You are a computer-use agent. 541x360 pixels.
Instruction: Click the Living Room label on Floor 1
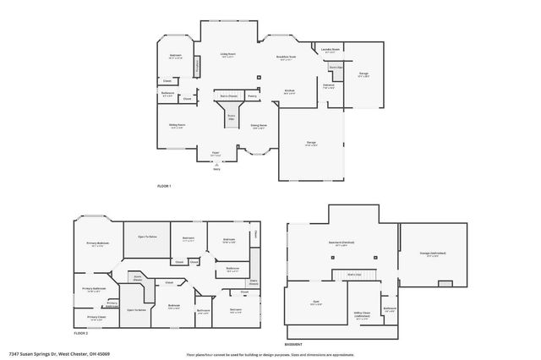pos(227,54)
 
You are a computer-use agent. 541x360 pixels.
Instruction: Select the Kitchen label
pos(289,90)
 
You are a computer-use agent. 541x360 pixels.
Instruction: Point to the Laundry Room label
pos(330,50)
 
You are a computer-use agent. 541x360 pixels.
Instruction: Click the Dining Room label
pos(259,126)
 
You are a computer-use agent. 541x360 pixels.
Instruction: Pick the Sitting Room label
pos(177,124)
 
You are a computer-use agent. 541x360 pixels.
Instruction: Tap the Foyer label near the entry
pos(216,153)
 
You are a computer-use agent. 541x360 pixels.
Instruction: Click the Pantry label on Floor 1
pos(252,96)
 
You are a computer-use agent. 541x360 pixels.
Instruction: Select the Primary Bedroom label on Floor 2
pos(98,243)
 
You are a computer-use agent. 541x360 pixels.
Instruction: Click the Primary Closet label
pos(96,318)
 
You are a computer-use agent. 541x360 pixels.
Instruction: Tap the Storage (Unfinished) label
pos(433,254)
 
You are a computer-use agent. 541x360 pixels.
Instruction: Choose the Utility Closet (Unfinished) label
pos(362,314)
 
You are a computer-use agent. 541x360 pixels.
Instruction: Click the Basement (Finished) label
pos(341,243)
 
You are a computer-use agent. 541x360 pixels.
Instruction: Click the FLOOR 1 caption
pos(164,185)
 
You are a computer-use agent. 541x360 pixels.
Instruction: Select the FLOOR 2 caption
pos(80,333)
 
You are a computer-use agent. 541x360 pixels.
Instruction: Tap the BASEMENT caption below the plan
pos(293,345)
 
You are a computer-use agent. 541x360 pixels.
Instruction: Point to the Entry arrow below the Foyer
pos(216,166)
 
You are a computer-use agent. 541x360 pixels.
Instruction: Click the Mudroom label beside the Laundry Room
pos(329,85)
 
